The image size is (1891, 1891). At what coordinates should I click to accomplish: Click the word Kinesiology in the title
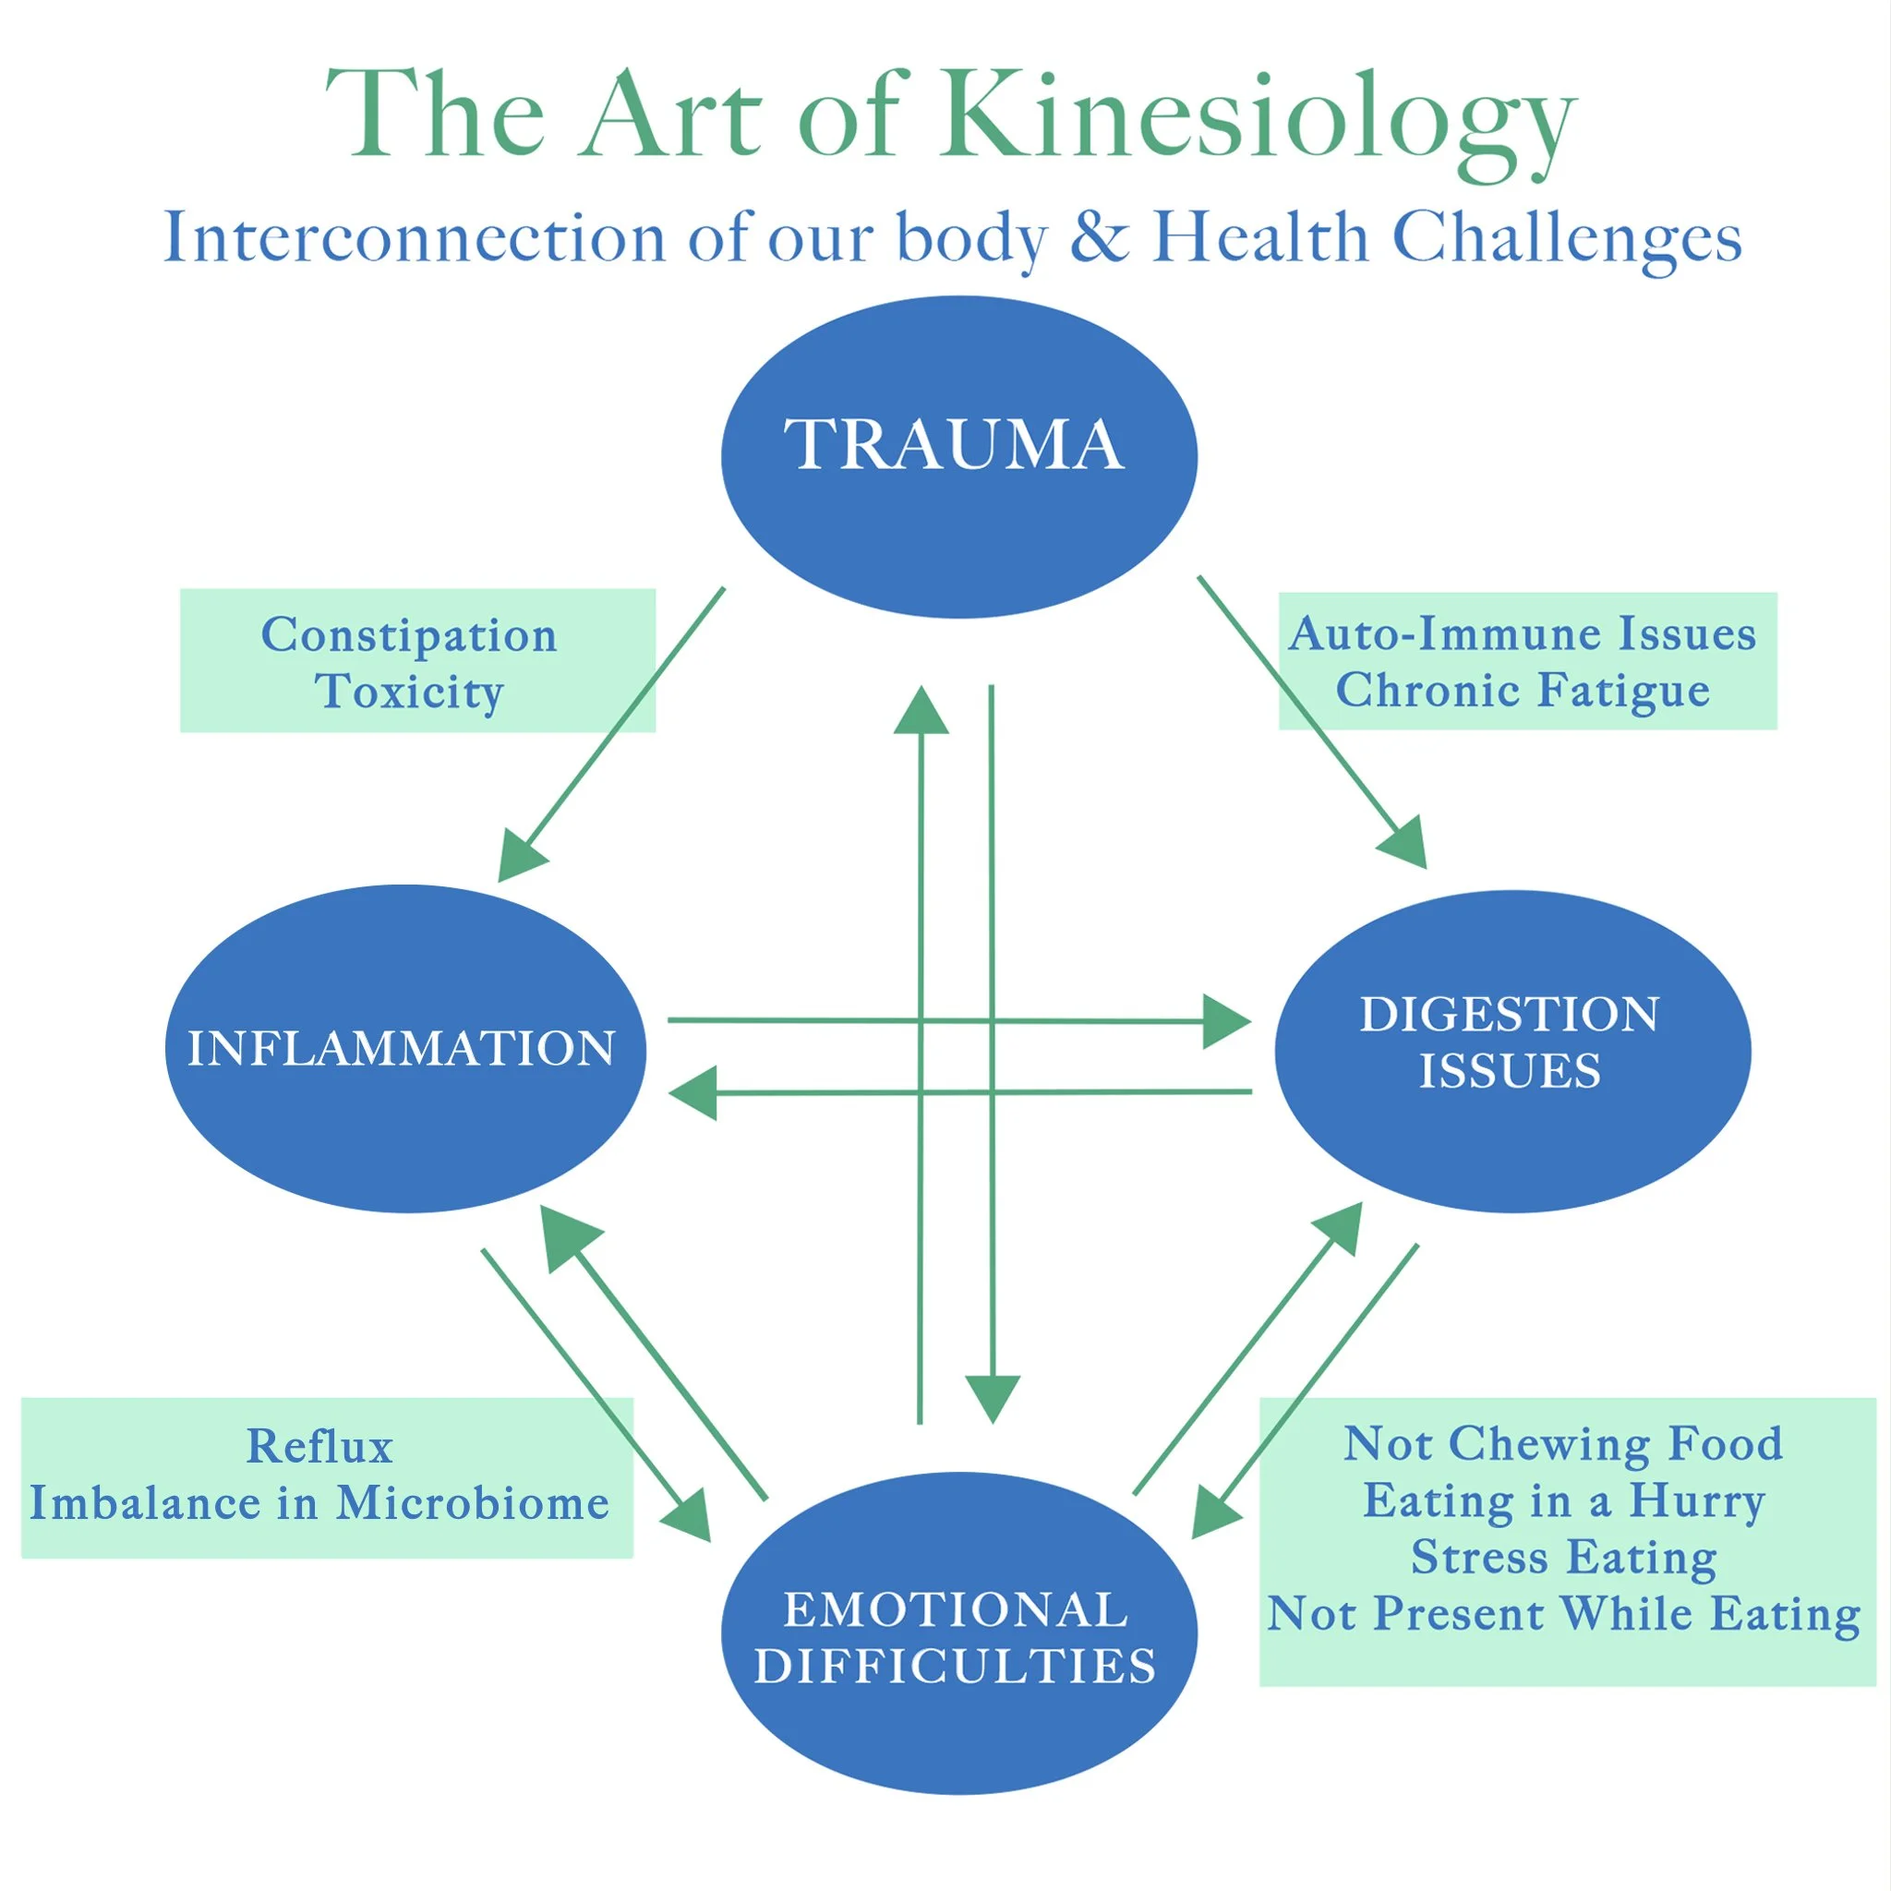pyautogui.click(x=1257, y=123)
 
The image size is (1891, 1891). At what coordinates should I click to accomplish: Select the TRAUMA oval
pyautogui.click(x=959, y=457)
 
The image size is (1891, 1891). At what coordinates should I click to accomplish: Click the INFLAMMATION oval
pyautogui.click(x=406, y=1048)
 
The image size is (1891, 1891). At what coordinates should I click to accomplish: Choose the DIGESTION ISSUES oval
pyautogui.click(x=1513, y=1051)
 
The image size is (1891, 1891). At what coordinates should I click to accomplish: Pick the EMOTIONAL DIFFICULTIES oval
pyautogui.click(x=959, y=1633)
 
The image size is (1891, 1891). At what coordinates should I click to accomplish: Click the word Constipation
pyautogui.click(x=409, y=636)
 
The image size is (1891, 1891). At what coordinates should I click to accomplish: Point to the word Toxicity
pyautogui.click(x=409, y=691)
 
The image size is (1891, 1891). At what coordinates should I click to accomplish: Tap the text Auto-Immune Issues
pyautogui.click(x=1522, y=633)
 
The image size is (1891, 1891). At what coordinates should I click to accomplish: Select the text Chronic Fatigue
pyautogui.click(x=1523, y=691)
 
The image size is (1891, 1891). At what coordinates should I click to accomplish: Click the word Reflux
pyautogui.click(x=320, y=1446)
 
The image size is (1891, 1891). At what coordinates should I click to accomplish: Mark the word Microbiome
pyautogui.click(x=473, y=1503)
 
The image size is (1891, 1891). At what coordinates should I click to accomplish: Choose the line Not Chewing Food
pyautogui.click(x=1563, y=1443)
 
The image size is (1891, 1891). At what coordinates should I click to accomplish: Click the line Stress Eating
pyautogui.click(x=1564, y=1558)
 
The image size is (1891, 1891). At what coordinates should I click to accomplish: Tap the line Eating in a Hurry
pyautogui.click(x=1564, y=1500)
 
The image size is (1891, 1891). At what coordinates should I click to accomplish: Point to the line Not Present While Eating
pyautogui.click(x=1564, y=1614)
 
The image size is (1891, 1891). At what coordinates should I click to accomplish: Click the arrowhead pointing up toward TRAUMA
pyautogui.click(x=921, y=712)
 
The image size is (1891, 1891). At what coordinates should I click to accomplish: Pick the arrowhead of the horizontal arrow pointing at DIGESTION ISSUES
pyautogui.click(x=1226, y=1022)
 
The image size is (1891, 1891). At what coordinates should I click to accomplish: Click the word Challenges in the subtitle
pyautogui.click(x=1567, y=238)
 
